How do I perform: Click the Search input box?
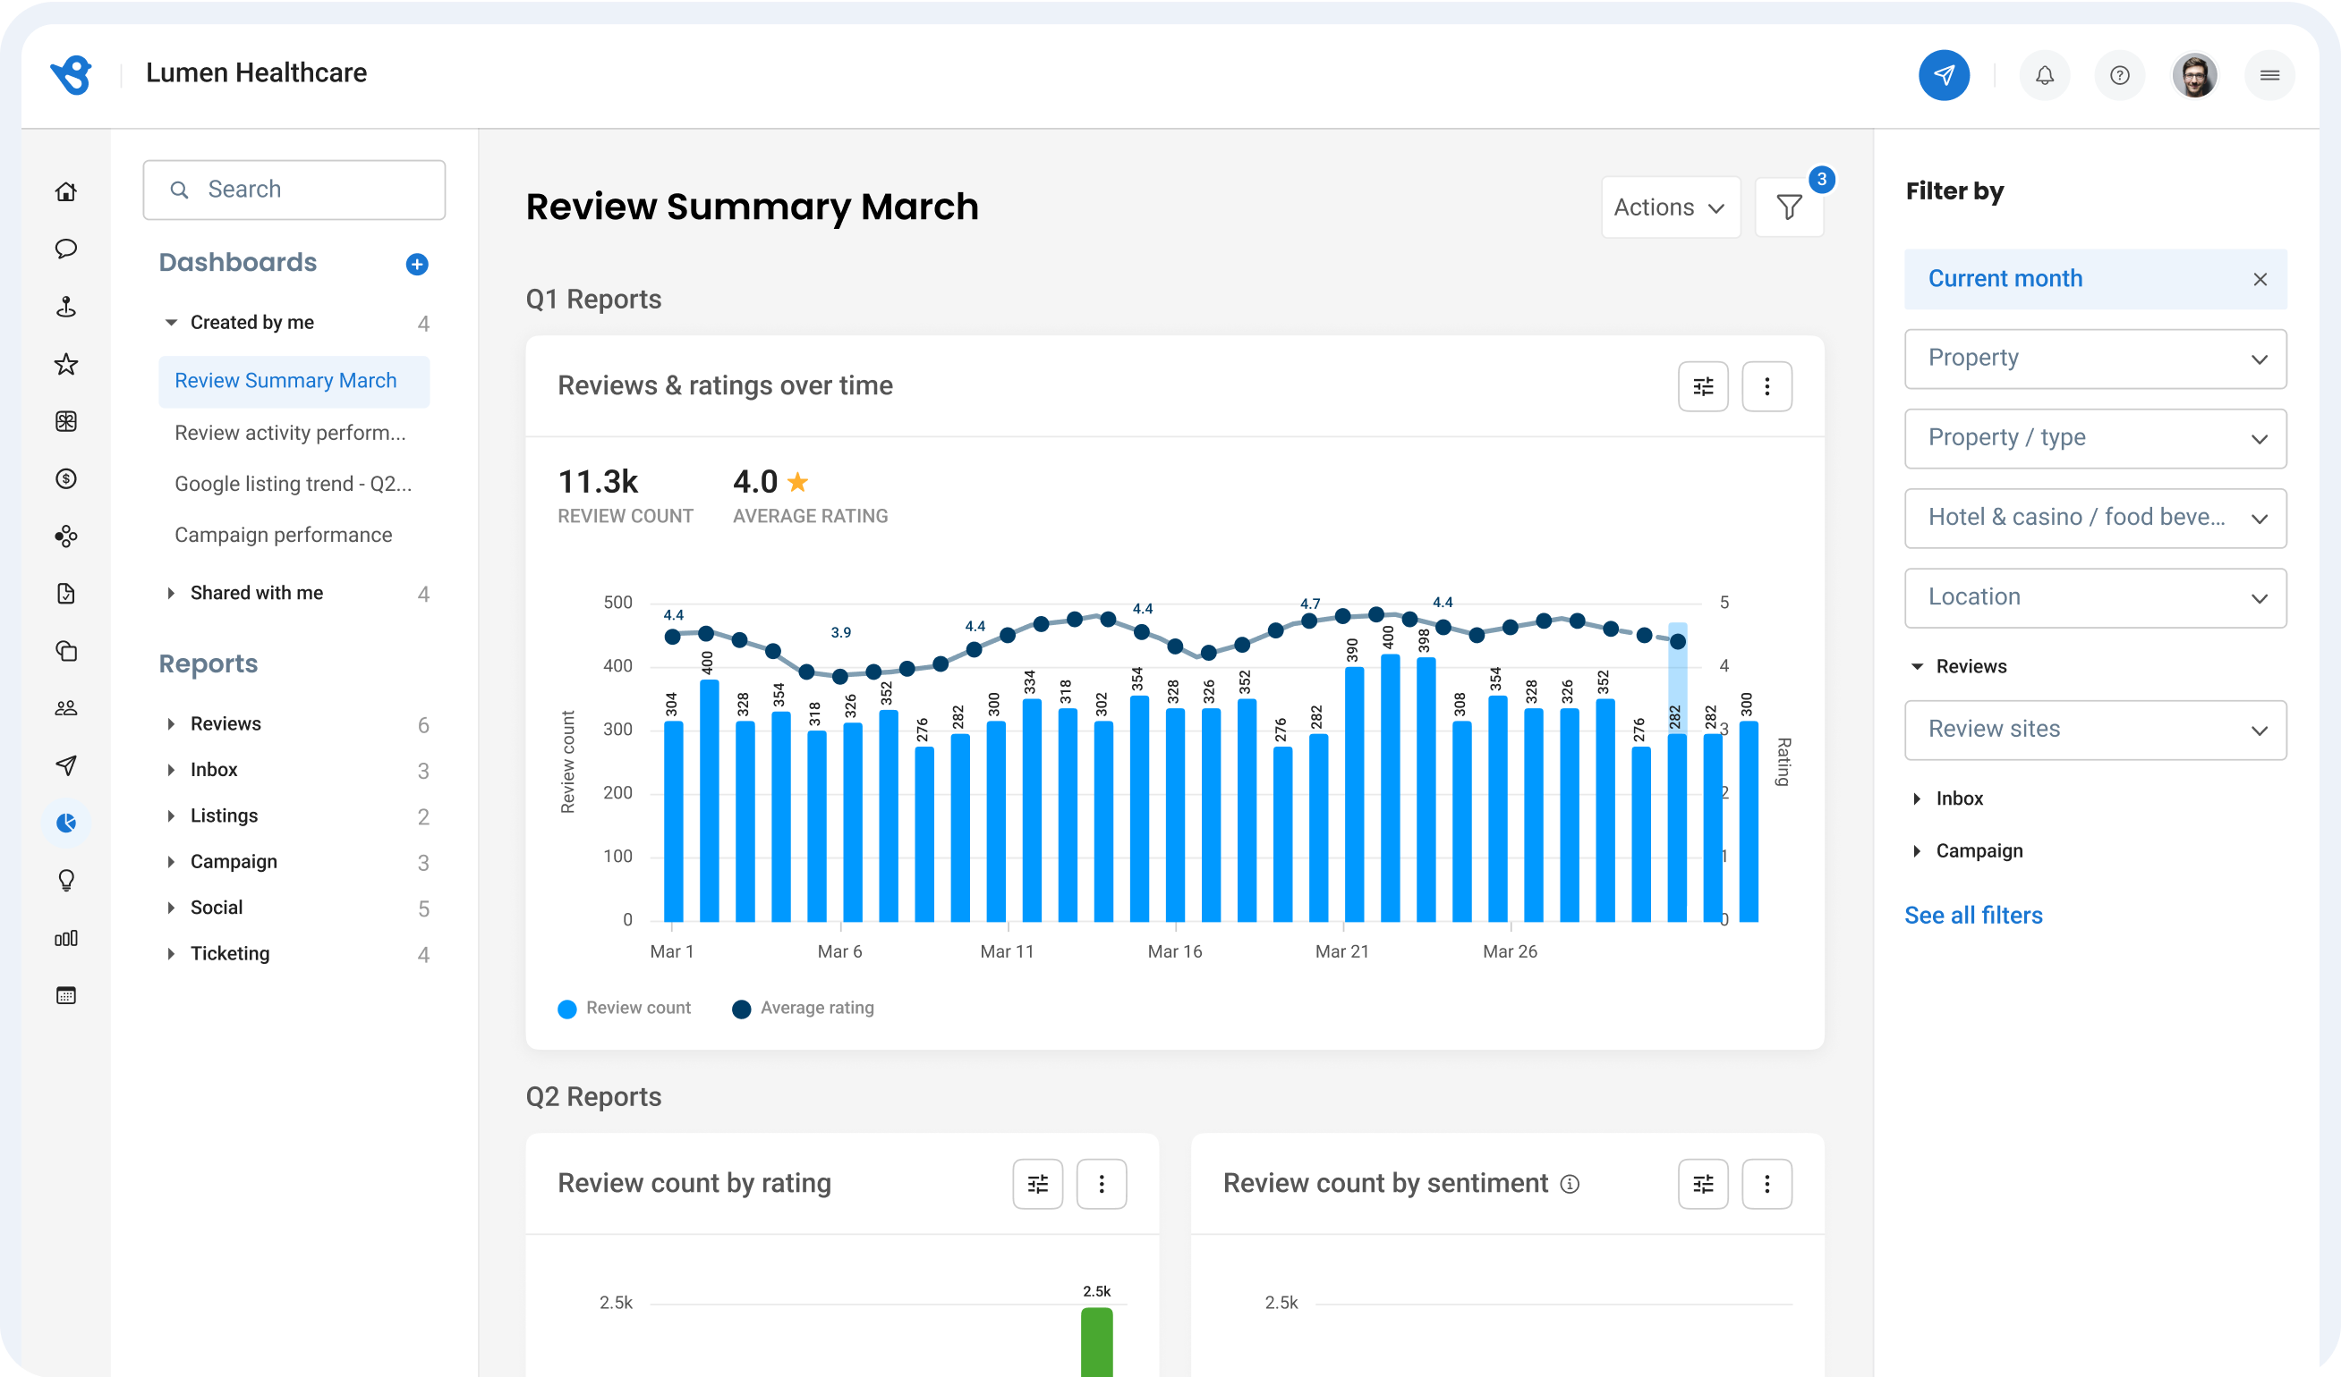294,190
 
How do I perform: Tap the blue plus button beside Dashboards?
417,265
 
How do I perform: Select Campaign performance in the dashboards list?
284,535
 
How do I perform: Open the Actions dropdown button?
1669,207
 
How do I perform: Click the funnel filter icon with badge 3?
1788,207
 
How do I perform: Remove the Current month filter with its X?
2260,280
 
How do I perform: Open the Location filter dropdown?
2095,597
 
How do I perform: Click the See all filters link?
1973,916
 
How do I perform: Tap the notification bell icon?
2045,75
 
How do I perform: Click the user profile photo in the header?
2194,75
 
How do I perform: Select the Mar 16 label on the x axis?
1174,951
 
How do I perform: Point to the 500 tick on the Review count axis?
617,603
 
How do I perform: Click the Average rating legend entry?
804,1009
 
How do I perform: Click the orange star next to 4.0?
797,482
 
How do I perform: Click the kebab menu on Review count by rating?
1101,1184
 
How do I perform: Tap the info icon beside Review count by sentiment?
1569,1184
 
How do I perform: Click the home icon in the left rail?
66,191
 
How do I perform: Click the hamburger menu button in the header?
2269,75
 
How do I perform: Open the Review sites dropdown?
2095,730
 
